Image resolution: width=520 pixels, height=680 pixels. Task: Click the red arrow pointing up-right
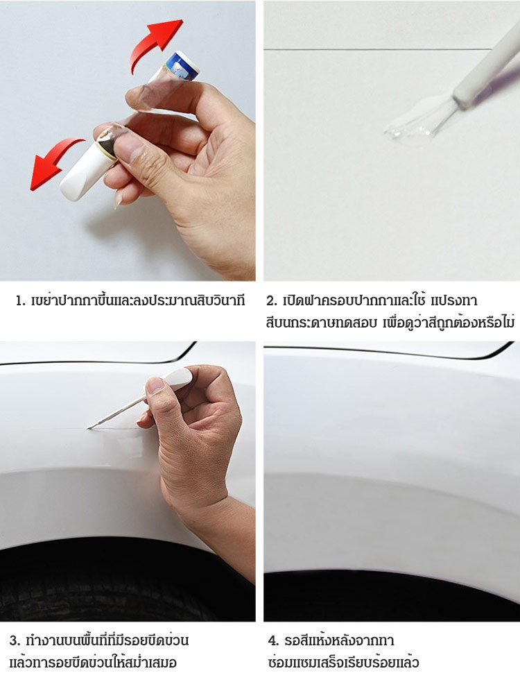pyautogui.click(x=156, y=42)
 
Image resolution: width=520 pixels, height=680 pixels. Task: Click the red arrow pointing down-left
pyautogui.click(x=54, y=162)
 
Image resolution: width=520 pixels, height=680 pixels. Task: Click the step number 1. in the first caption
pyautogui.click(x=20, y=300)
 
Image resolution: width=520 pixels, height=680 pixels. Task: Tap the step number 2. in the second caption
pyautogui.click(x=272, y=300)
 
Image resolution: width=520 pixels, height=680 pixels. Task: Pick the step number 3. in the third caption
pyautogui.click(x=15, y=640)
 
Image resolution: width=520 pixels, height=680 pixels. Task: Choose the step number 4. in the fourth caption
pyautogui.click(x=273, y=640)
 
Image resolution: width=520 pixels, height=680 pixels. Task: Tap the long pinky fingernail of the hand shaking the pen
pyautogui.click(x=116, y=200)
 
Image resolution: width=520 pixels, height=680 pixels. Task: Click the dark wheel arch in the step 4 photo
pyautogui.click(x=390, y=596)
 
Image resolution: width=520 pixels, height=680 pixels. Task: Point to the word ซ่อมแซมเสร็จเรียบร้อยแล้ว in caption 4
pyautogui.click(x=343, y=663)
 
